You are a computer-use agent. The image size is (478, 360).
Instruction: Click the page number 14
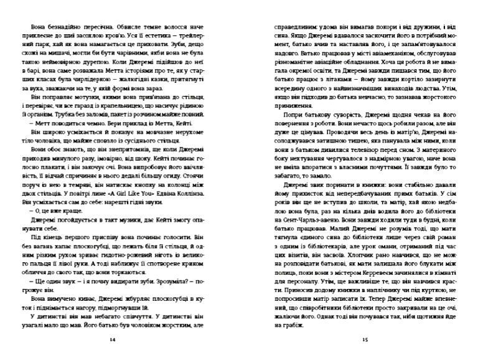click(112, 340)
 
